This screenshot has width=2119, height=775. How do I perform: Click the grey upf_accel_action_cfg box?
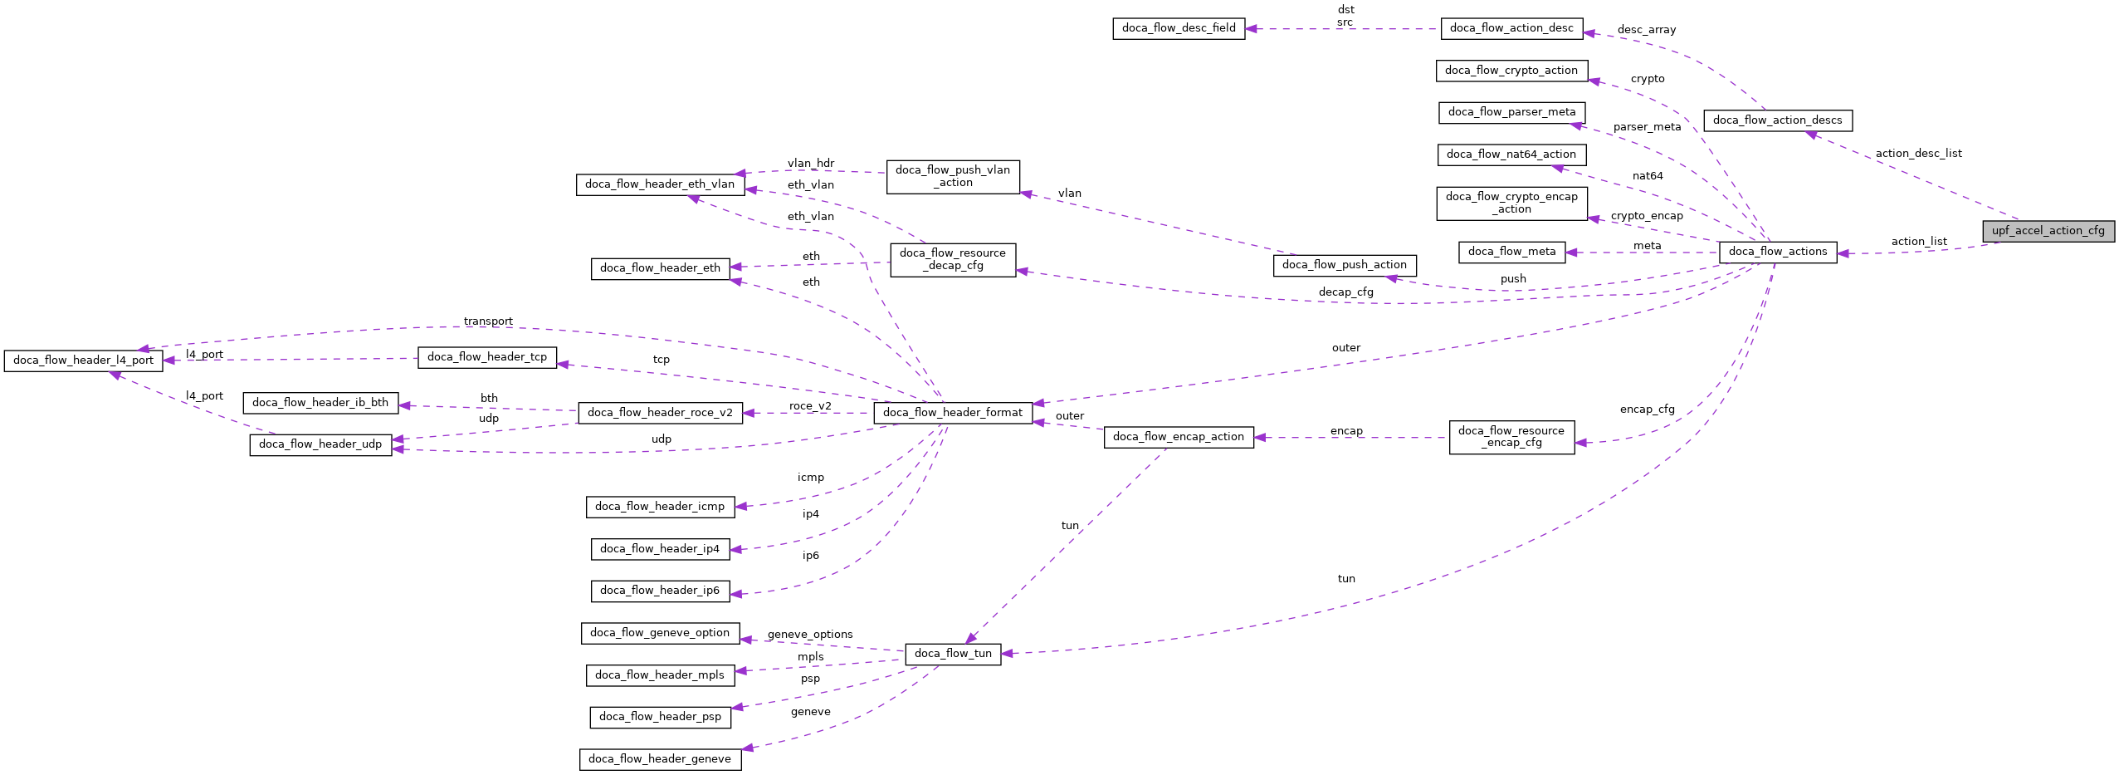pos(2048,231)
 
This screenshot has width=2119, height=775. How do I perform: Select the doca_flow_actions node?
pos(1777,252)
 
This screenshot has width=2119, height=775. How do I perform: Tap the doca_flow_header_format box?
pos(952,413)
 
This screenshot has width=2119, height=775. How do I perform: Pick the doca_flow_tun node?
pos(952,654)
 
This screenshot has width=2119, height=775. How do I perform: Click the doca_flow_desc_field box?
pos(1178,28)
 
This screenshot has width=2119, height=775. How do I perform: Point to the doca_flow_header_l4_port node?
pos(83,361)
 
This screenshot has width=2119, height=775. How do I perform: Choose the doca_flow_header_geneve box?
pos(660,759)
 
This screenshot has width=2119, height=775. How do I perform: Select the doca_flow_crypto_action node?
pos(1511,71)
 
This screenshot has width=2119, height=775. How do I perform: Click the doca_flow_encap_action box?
pos(1178,437)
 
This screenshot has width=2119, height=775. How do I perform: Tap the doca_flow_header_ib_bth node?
pos(320,403)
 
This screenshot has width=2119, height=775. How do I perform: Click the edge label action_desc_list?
pos(1918,154)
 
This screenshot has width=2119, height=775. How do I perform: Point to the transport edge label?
pos(488,321)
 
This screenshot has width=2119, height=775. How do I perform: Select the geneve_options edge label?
pos(809,635)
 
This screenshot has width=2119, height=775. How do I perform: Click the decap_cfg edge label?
pos(1345,292)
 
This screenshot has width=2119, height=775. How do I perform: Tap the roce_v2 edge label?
pos(809,406)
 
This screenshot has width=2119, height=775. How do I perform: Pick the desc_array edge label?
pos(1646,30)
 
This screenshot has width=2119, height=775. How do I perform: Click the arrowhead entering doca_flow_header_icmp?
pos(740,506)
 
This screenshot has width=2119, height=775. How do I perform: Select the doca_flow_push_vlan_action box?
pos(952,177)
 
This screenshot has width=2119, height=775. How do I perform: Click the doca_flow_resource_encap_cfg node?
pos(1511,437)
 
